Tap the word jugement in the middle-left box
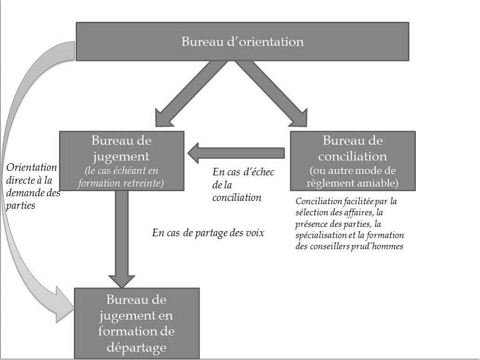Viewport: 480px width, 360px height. coord(121,155)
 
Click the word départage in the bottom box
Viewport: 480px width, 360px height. coord(136,347)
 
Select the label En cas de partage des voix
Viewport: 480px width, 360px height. coord(208,233)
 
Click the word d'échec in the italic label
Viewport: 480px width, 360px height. coord(256,172)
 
